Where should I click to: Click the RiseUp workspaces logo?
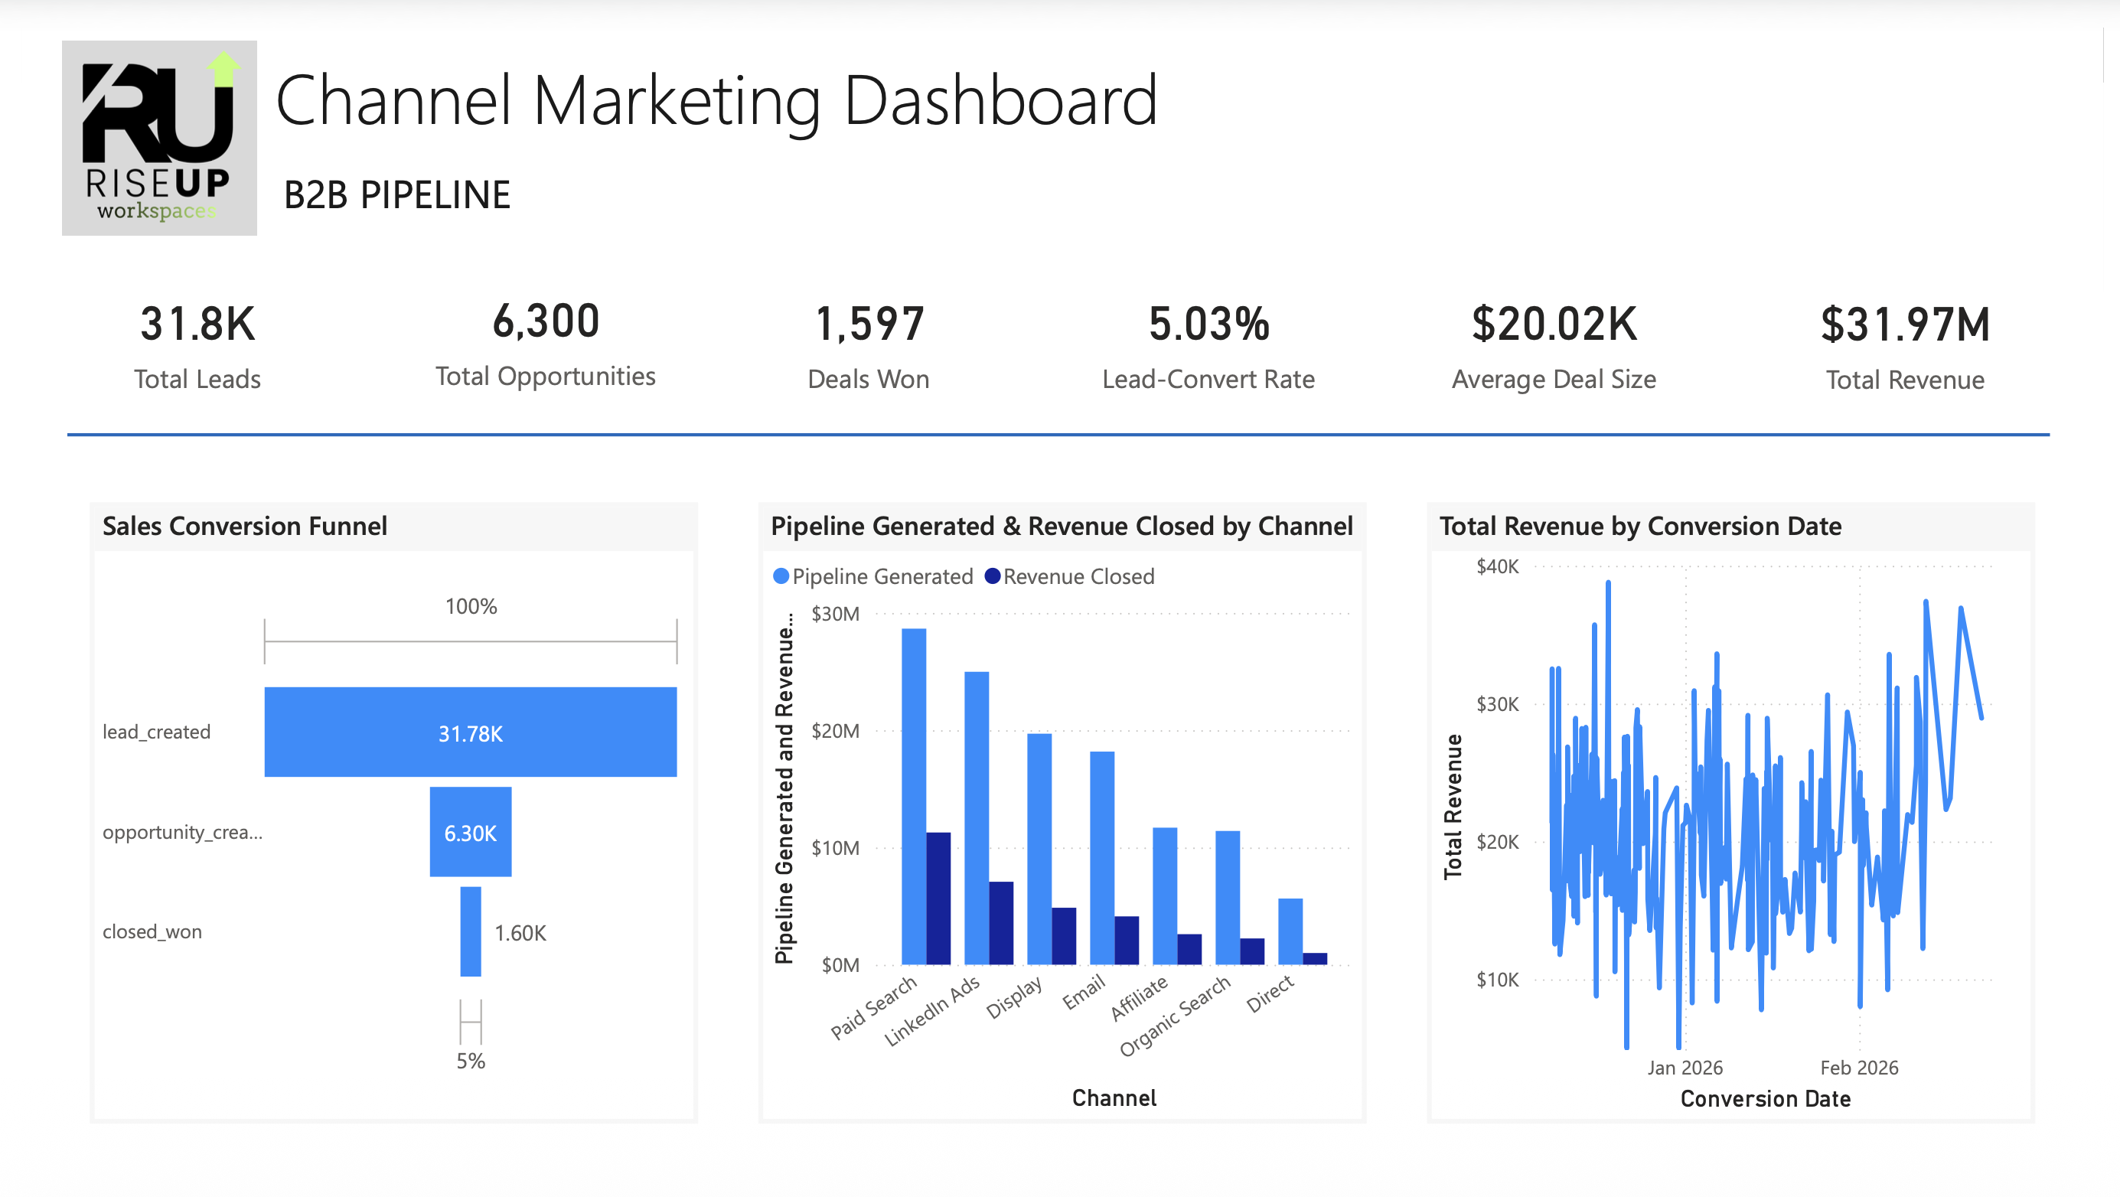tap(159, 138)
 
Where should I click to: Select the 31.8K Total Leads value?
tap(197, 324)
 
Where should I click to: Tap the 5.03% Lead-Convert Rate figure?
tap(1208, 324)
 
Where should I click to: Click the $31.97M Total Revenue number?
tap(1904, 325)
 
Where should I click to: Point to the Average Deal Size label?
tap(1553, 380)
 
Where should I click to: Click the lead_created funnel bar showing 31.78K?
tap(470, 732)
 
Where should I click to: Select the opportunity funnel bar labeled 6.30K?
tap(470, 831)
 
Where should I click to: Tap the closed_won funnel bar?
tap(470, 931)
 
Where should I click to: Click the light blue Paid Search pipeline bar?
tap(914, 795)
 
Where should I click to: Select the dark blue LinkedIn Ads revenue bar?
tap(1001, 922)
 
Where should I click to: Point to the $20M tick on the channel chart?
tap(834, 731)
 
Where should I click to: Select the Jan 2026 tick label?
tap(1685, 1067)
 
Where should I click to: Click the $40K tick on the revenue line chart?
tap(1497, 566)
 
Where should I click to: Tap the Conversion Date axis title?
tap(1766, 1098)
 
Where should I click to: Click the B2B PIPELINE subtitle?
tap(396, 196)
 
